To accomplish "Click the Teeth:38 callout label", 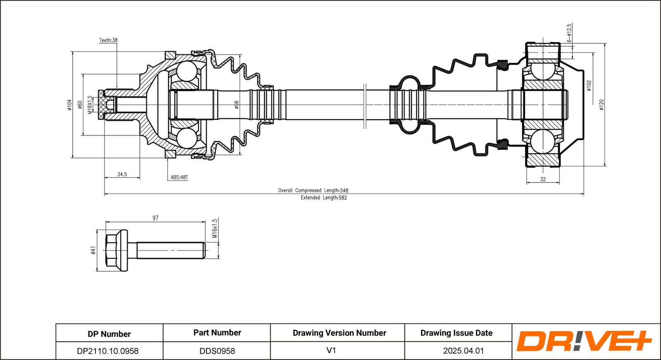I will pos(108,40).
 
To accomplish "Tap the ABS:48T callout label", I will pos(179,178).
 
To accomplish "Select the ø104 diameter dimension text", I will pos(69,105).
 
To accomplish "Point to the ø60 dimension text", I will pos(80,105).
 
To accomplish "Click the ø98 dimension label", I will pos(237,105).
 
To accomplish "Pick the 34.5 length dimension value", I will pos(122,174).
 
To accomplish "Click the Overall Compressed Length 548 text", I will pos(313,190).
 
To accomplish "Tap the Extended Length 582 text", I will pos(323,198).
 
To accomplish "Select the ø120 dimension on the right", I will pos(602,105).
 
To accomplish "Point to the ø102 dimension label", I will pos(589,86).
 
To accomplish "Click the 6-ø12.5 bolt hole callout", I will pos(569,33).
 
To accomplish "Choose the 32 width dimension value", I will pos(543,179).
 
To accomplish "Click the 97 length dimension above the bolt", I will pos(155,218).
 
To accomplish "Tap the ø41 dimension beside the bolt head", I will pos(93,250).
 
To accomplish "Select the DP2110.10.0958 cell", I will pos(108,351).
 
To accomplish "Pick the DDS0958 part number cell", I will pos(217,351).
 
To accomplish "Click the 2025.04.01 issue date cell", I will pos(463,351).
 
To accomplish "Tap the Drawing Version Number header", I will pos(339,333).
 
